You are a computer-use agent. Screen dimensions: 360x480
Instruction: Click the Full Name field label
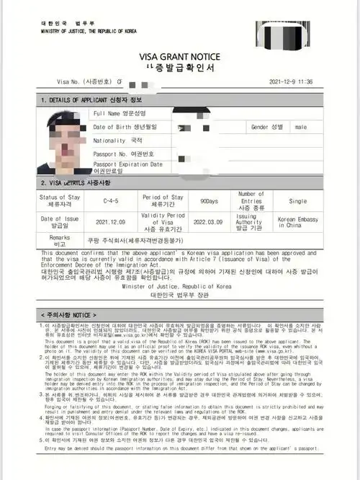120,114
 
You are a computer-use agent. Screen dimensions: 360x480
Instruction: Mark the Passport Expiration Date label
127,167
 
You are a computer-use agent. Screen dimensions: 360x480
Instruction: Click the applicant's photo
61,141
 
